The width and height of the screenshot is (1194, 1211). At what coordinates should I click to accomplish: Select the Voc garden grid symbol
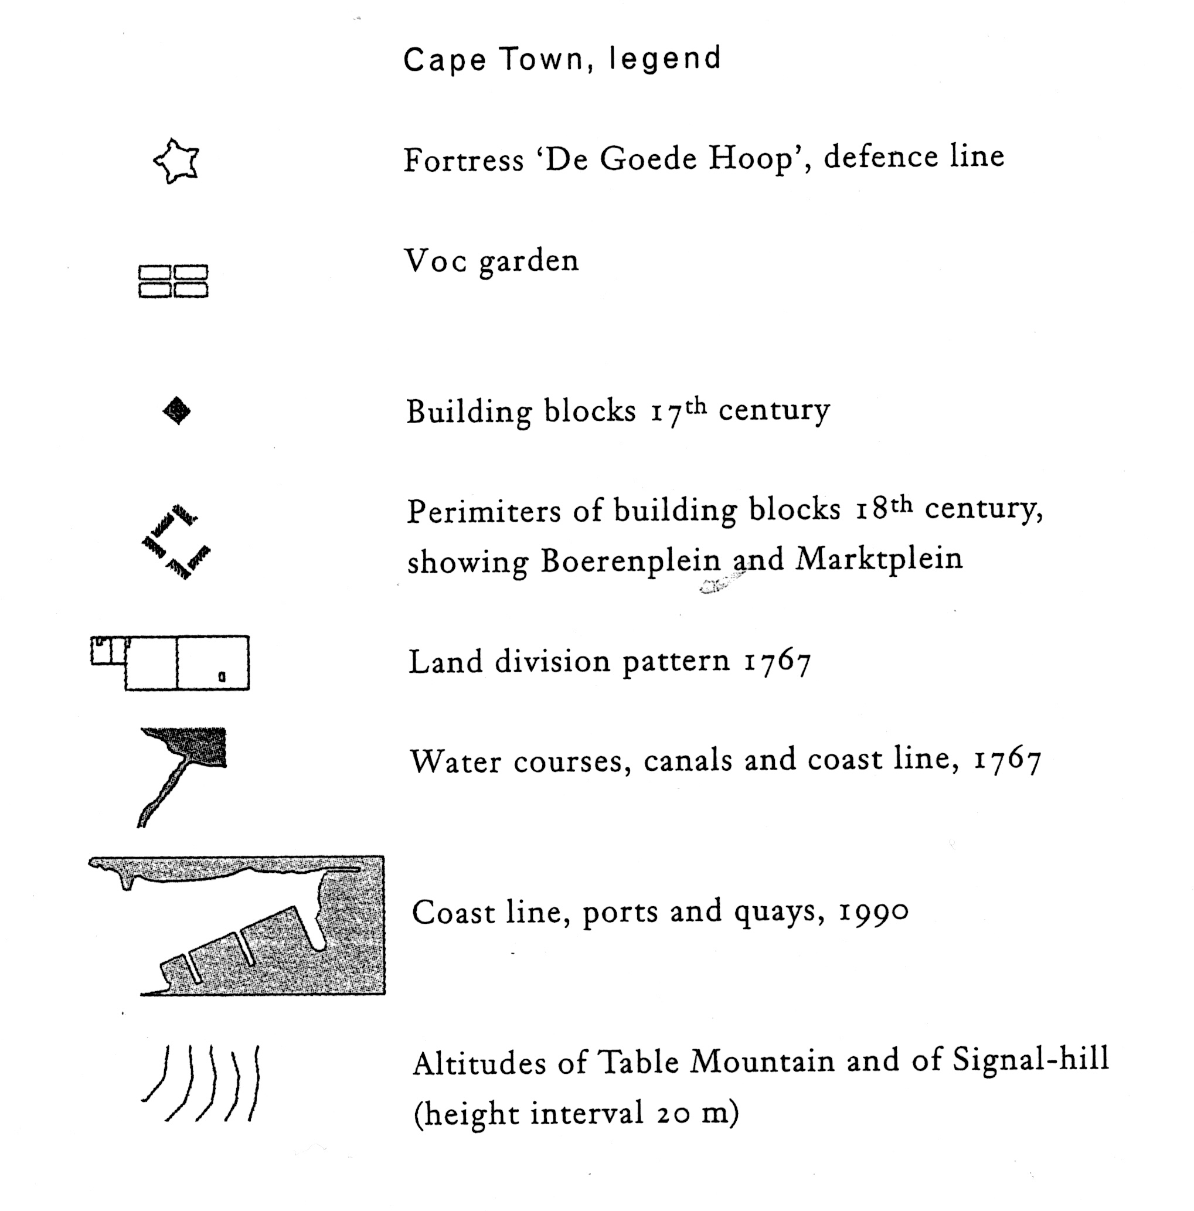173,281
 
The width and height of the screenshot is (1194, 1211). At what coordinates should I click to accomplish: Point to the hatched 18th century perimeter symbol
175,542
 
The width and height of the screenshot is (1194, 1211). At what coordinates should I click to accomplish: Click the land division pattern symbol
171,662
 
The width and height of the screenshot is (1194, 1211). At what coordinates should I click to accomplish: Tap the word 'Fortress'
463,160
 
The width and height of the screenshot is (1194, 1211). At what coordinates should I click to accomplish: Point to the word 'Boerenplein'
631,560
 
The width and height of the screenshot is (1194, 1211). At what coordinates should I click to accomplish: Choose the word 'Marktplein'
879,559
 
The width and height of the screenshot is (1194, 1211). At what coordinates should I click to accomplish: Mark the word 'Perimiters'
484,512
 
